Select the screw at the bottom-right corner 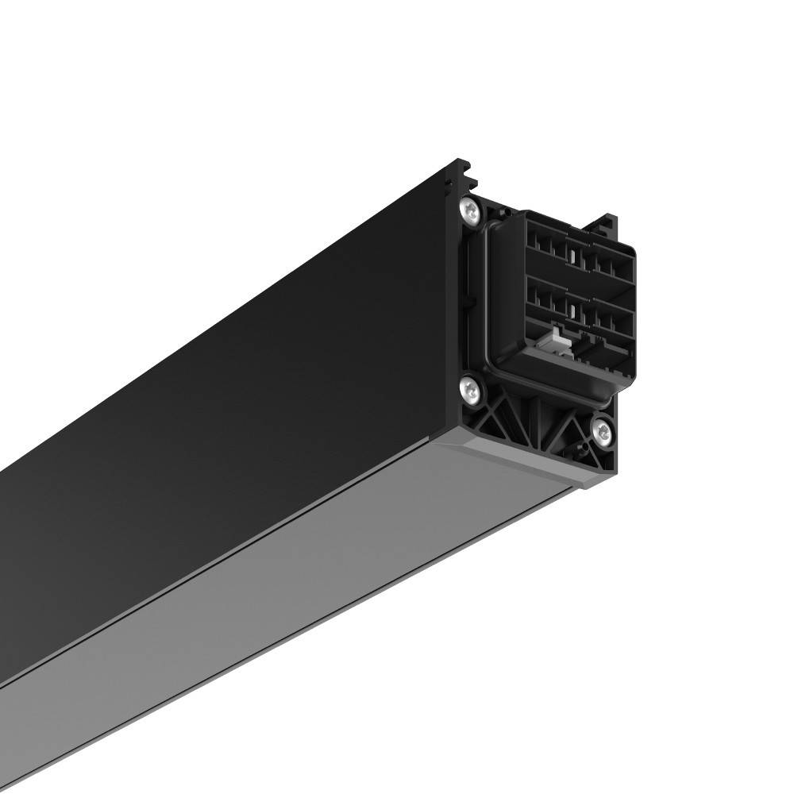tap(603, 432)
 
